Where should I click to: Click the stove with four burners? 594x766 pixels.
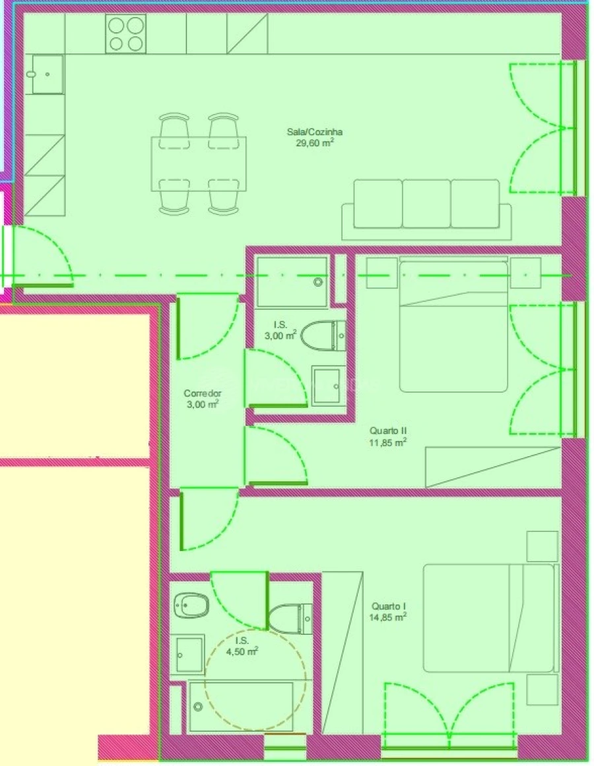click(x=126, y=34)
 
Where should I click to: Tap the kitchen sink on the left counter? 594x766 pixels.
click(x=46, y=74)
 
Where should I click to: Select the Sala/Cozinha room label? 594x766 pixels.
click(x=319, y=132)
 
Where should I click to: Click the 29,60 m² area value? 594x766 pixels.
click(x=314, y=142)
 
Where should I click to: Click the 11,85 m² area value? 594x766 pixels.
click(x=387, y=443)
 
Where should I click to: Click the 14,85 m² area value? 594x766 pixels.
click(x=387, y=617)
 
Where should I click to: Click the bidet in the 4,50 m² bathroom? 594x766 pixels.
click(x=191, y=603)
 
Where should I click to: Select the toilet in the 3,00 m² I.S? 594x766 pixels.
click(x=323, y=336)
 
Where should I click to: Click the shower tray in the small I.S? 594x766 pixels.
click(x=292, y=282)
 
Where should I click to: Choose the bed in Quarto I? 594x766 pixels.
click(x=488, y=618)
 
